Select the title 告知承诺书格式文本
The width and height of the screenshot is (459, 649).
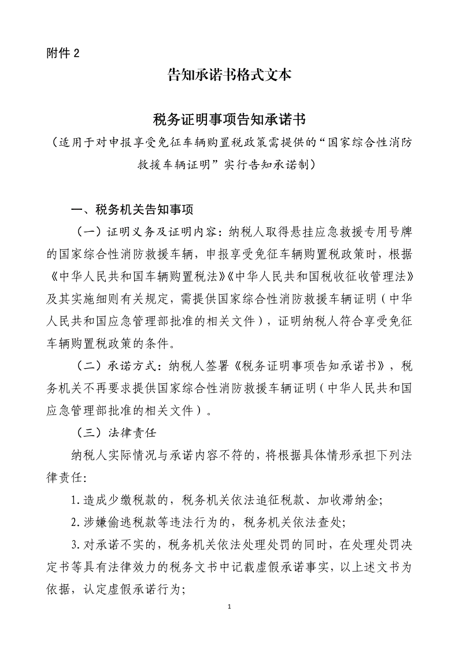[x=229, y=75]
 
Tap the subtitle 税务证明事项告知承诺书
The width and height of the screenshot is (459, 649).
[x=229, y=120]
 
